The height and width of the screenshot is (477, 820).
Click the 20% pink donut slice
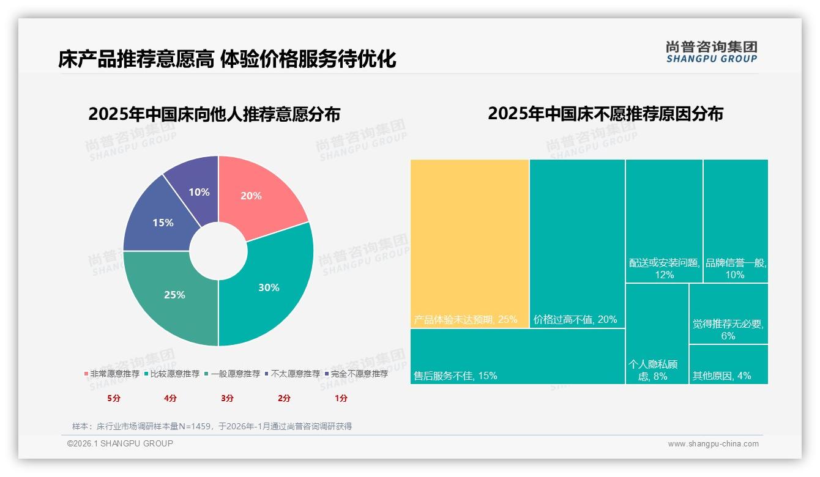click(x=257, y=193)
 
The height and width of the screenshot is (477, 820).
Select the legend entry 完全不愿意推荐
click(x=359, y=374)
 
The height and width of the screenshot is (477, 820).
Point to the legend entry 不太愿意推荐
click(x=295, y=374)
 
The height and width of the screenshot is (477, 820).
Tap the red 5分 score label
click(x=114, y=398)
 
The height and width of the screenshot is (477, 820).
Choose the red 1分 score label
click(x=341, y=398)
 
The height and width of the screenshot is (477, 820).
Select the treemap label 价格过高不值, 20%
click(x=575, y=319)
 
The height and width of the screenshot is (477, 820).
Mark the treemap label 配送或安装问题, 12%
click(x=664, y=268)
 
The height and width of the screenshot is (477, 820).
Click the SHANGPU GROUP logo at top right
click(x=711, y=52)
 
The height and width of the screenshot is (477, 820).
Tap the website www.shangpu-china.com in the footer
click(x=713, y=444)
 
